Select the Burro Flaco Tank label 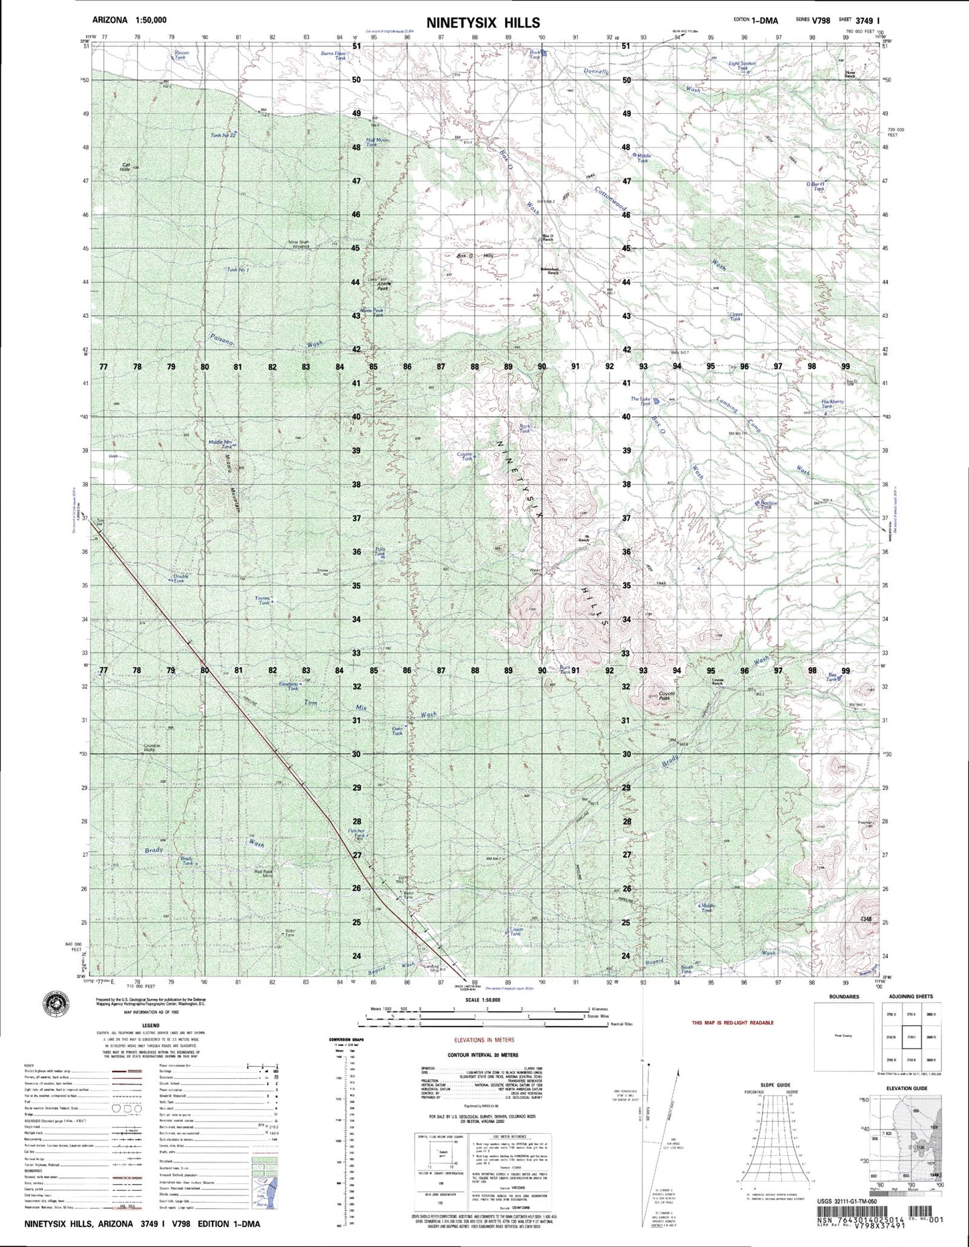tap(333, 56)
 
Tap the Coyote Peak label tap(666, 696)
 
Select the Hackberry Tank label tap(832, 404)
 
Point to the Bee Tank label tap(833, 677)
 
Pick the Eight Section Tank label tap(742, 65)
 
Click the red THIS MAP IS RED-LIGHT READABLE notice tap(732, 1022)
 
